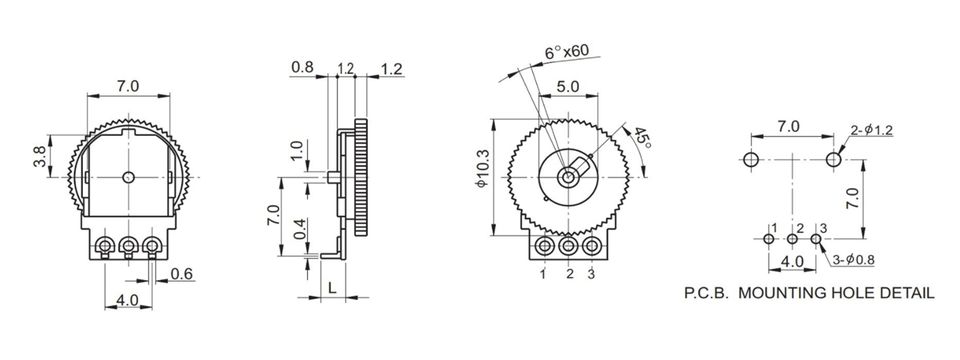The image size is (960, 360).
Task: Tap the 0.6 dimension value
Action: pos(182,274)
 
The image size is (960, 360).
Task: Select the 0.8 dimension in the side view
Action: pos(302,67)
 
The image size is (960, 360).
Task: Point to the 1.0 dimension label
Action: pos(297,151)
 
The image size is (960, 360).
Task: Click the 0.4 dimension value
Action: pos(299,228)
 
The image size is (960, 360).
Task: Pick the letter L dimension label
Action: pos(332,287)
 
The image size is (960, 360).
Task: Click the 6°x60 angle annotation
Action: pos(566,51)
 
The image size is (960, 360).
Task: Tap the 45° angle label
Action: pos(642,138)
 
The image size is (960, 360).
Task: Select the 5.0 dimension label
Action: pos(568,86)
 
